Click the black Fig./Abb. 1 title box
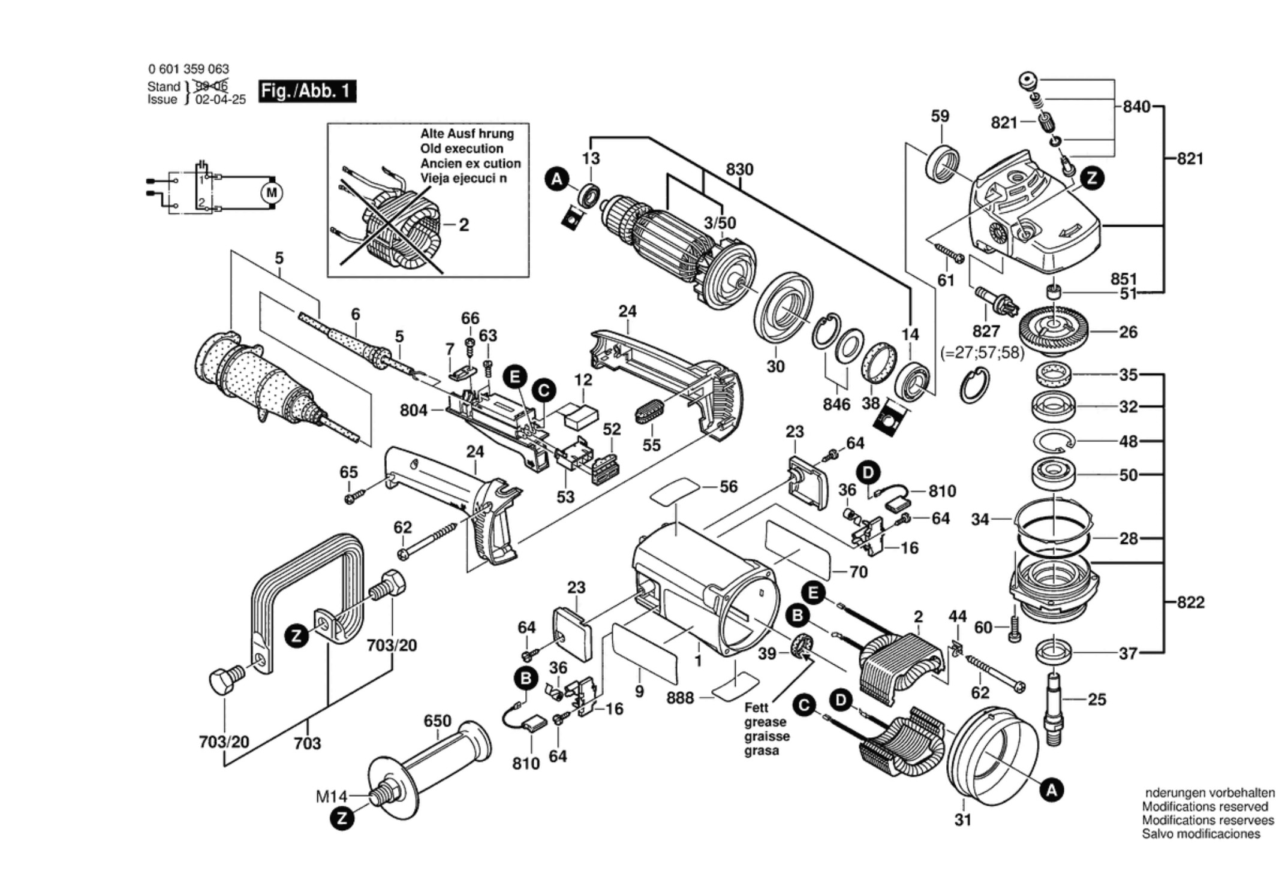click(308, 91)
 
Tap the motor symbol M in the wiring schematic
click(272, 193)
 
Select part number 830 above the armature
click(739, 170)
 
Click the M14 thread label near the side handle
click(332, 796)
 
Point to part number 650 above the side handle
click(437, 721)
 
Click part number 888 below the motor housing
click(680, 697)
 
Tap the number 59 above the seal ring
click(940, 116)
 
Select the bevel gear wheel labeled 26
click(1054, 330)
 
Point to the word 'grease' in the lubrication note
click(765, 722)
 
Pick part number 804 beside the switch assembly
click(414, 411)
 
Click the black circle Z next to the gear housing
click(1092, 178)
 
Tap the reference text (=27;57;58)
click(982, 352)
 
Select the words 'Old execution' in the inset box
click(462, 149)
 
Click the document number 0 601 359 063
click(188, 70)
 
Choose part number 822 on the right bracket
click(1190, 602)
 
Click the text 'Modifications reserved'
click(1205, 807)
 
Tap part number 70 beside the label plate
click(858, 572)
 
